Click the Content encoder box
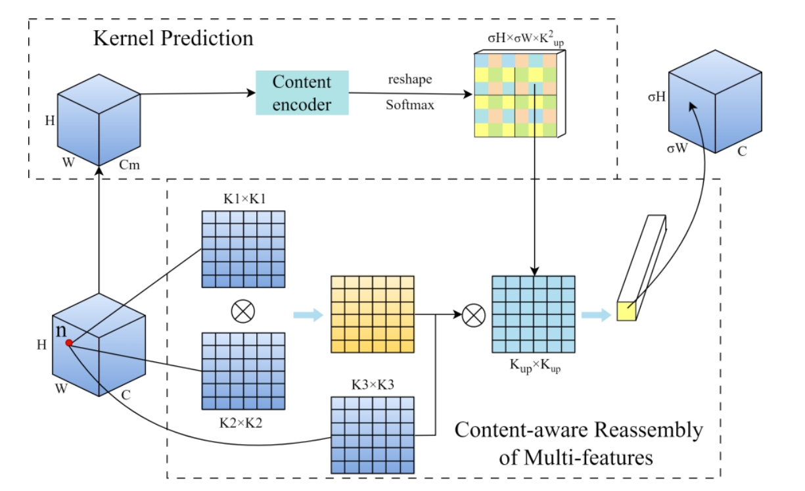[302, 93]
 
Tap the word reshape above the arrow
[409, 79]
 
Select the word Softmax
[409, 105]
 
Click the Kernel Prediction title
[173, 37]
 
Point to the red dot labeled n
[68, 342]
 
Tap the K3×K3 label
[373, 384]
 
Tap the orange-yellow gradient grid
[373, 314]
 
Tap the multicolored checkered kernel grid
[515, 94]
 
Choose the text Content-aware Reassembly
[578, 431]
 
